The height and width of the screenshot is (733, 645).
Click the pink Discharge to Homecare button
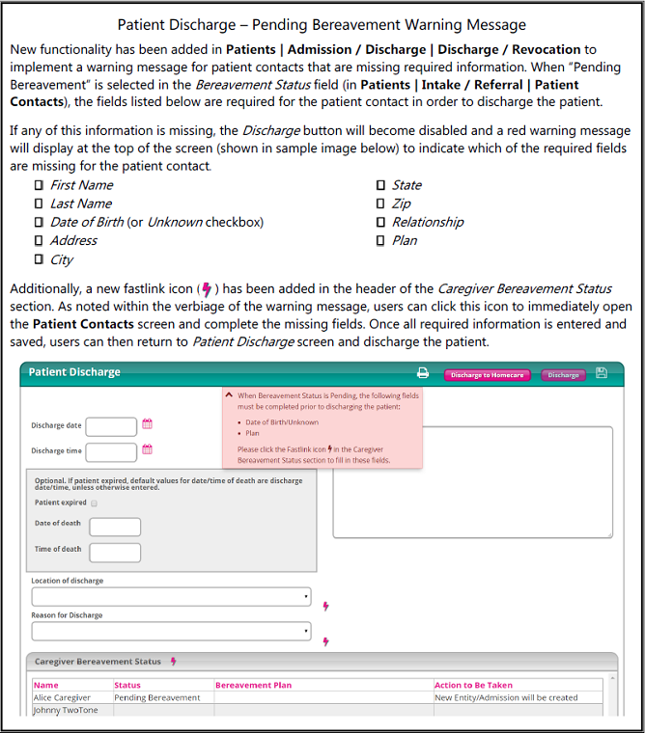click(487, 375)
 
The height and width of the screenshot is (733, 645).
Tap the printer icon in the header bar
click(422, 373)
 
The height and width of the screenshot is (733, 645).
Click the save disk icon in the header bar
click(602, 373)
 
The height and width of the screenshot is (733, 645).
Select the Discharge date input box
click(112, 426)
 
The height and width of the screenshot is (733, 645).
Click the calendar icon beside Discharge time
click(148, 449)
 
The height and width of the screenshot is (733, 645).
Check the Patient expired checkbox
click(95, 502)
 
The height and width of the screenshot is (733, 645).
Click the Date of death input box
click(115, 527)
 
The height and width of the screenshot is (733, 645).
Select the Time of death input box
click(115, 553)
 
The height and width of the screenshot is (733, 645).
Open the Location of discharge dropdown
click(172, 597)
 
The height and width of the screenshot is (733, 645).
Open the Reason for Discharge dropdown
click(172, 632)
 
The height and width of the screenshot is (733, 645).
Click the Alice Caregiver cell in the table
click(62, 697)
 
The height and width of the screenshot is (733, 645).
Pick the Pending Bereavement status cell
click(156, 697)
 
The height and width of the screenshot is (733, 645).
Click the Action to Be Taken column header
click(473, 685)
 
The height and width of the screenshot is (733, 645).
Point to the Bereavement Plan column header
click(253, 685)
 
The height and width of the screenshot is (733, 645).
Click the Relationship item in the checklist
click(427, 222)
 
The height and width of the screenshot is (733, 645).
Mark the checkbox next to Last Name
click(40, 204)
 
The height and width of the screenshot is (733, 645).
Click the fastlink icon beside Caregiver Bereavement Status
click(174, 662)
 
